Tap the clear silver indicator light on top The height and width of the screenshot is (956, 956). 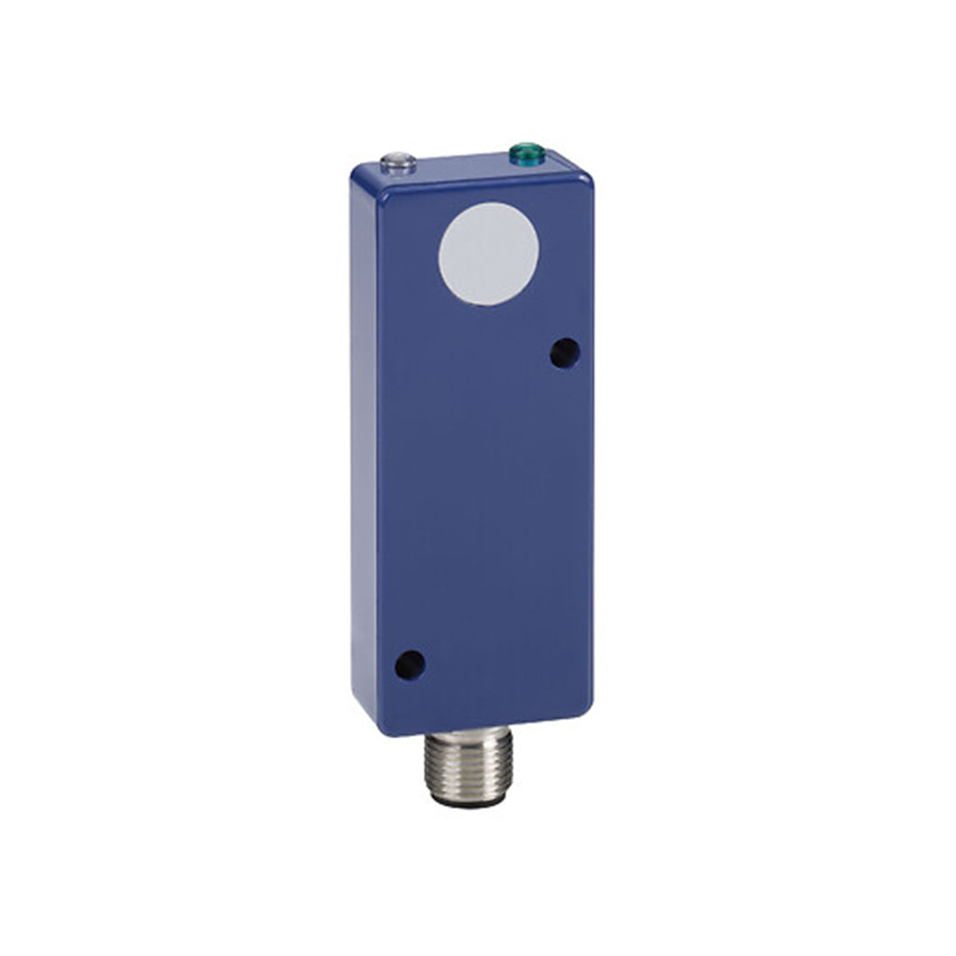397,164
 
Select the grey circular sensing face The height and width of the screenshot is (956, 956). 488,253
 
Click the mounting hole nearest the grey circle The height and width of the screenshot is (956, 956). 564,353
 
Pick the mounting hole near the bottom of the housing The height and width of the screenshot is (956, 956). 409,664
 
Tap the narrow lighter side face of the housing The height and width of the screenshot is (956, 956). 364,443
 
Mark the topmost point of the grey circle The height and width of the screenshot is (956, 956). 490,203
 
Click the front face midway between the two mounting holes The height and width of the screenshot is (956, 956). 486,509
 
